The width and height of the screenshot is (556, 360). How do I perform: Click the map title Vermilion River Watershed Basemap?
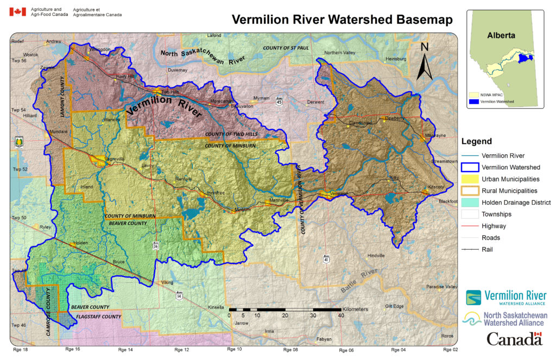tap(342, 20)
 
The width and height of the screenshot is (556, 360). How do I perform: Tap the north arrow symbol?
tap(425, 62)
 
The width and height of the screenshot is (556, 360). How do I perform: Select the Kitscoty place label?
tap(437, 187)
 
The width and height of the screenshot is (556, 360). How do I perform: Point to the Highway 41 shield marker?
tap(326, 260)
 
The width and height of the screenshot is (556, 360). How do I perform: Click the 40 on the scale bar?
tap(340, 315)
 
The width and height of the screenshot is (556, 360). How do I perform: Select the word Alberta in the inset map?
tap(500, 35)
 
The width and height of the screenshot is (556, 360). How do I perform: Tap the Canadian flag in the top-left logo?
tap(18, 12)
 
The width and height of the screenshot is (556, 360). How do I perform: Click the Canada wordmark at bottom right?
tap(514, 339)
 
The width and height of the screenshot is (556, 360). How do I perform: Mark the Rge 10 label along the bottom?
tap(235, 350)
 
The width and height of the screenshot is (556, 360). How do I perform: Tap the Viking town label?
tap(168, 283)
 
